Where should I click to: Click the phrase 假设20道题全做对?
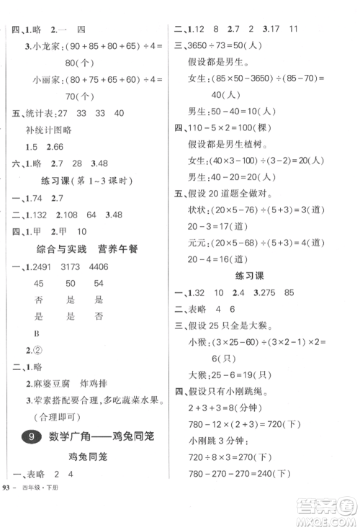(x=234, y=213)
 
